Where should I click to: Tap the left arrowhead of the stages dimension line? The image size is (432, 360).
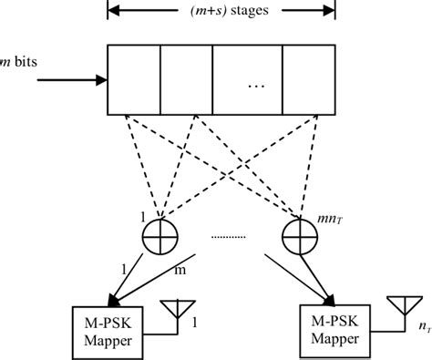(114, 13)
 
